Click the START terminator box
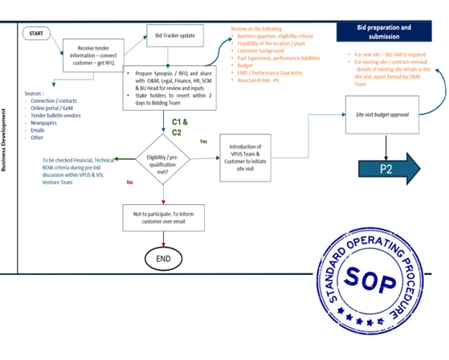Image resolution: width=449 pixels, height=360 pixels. click(x=36, y=34)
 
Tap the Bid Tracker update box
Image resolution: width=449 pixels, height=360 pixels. click(x=174, y=36)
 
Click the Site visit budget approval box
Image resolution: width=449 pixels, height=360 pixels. click(x=382, y=115)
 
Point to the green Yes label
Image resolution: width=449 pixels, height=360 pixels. click(x=203, y=141)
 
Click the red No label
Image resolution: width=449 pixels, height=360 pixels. click(x=130, y=182)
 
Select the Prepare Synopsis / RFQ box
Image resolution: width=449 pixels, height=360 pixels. click(x=169, y=87)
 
